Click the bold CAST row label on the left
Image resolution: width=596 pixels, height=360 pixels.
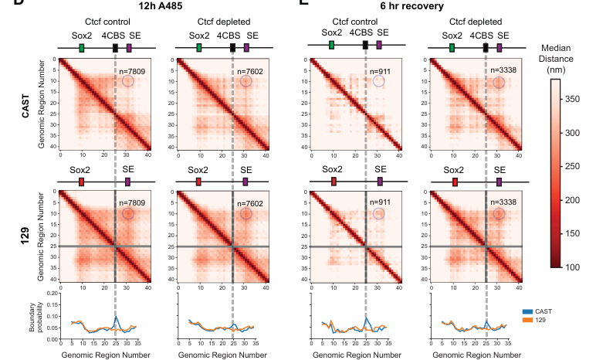(25, 102)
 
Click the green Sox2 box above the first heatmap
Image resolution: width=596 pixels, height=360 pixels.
(81, 48)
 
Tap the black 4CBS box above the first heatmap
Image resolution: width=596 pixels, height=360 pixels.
(115, 48)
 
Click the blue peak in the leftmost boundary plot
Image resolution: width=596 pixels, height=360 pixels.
(115, 318)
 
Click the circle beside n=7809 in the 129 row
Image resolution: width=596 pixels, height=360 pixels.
(128, 213)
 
